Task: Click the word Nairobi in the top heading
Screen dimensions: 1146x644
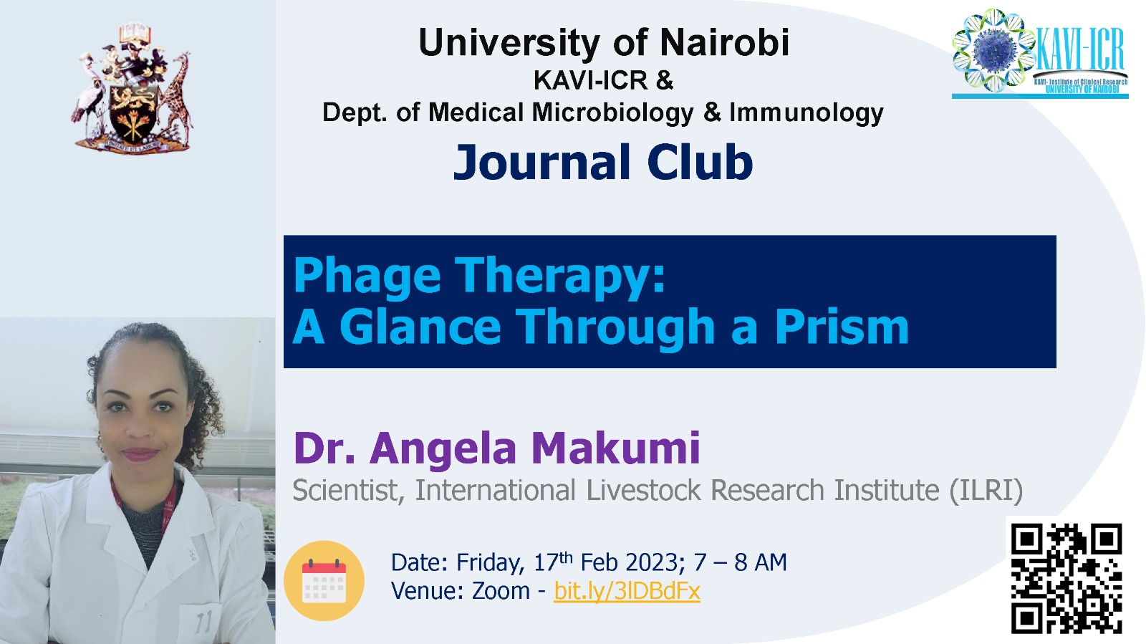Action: click(x=724, y=42)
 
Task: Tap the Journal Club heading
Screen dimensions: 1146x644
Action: click(x=603, y=162)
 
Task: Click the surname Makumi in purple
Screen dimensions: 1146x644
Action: click(x=615, y=448)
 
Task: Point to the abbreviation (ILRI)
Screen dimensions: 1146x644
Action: click(x=986, y=490)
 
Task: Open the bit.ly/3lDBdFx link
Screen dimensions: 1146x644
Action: click(x=627, y=591)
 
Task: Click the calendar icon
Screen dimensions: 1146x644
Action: click(x=324, y=580)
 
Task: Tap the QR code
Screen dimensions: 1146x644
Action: click(x=1066, y=579)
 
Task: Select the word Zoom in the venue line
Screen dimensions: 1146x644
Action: click(x=501, y=591)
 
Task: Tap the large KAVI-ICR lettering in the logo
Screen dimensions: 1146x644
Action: click(x=1080, y=49)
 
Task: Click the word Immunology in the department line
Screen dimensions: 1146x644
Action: click(x=806, y=113)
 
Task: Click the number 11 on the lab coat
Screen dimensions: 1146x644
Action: click(x=204, y=623)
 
